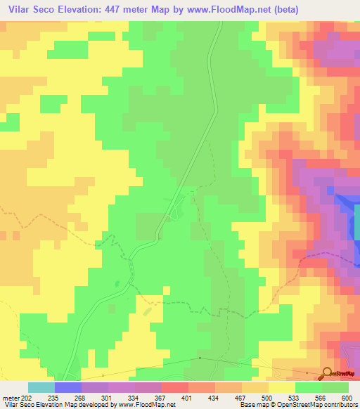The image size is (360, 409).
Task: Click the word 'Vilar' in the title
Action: click(20, 10)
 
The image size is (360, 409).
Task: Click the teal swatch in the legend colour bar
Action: click(41, 387)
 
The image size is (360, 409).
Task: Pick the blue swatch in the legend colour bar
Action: click(68, 387)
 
